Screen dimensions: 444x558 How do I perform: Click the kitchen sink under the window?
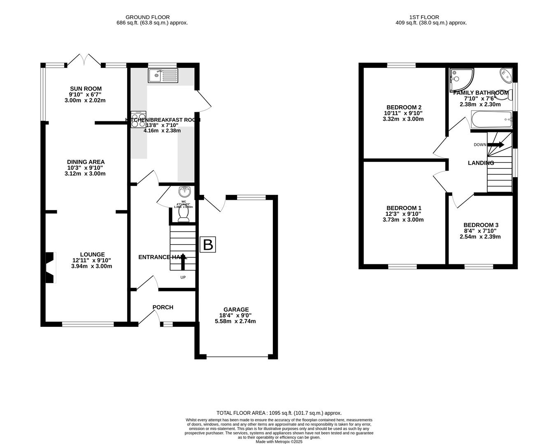(x=163, y=75)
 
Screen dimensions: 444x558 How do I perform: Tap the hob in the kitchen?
(x=138, y=119)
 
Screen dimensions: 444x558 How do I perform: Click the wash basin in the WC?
(x=184, y=192)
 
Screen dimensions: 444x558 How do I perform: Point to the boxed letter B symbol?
(x=208, y=245)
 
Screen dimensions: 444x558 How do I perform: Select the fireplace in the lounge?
(x=50, y=268)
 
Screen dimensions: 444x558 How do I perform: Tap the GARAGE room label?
(x=236, y=310)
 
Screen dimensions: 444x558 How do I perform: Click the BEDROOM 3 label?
(x=481, y=225)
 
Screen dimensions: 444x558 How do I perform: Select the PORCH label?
(x=163, y=307)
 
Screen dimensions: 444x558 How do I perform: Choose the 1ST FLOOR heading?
(x=424, y=17)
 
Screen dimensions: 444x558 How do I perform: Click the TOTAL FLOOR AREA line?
(x=279, y=413)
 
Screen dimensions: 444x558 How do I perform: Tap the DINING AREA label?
(x=86, y=162)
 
